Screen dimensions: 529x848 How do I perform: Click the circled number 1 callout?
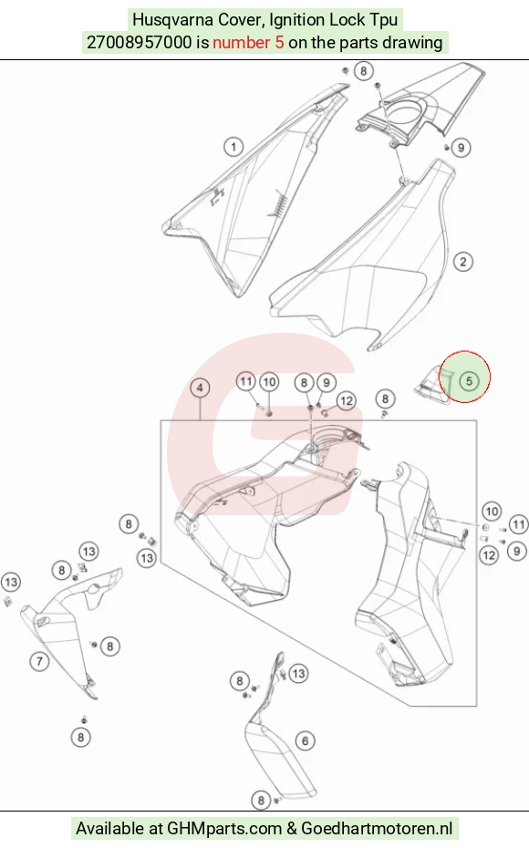(233, 147)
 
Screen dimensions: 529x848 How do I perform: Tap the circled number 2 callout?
(463, 262)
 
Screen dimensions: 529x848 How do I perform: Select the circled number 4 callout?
(200, 388)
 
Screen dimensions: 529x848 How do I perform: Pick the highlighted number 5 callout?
(469, 381)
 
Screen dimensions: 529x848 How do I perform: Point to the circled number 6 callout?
(305, 740)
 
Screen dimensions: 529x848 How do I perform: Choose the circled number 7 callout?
(39, 661)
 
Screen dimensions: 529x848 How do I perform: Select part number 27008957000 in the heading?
(139, 42)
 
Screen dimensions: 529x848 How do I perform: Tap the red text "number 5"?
(248, 42)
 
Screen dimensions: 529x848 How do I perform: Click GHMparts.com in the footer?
(224, 828)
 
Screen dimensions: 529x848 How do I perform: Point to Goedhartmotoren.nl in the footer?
(377, 828)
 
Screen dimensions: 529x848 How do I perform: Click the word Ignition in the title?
(296, 21)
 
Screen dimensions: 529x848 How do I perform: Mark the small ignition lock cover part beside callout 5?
(432, 385)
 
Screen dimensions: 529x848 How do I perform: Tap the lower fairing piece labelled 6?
(278, 751)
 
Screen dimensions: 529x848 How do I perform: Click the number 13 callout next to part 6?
(298, 673)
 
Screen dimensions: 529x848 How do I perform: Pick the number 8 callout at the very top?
(364, 71)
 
